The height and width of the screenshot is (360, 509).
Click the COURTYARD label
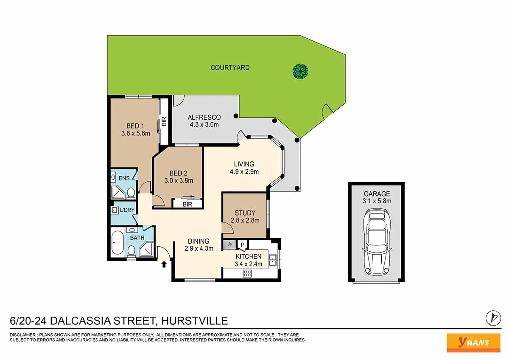point(230,67)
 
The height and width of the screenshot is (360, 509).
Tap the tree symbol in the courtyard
point(301,71)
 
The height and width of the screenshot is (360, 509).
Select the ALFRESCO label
point(204,117)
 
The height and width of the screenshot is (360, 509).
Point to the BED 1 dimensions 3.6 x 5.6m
point(135,133)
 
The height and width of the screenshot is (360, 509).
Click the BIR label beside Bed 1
point(164,121)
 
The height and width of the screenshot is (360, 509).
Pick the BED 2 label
point(178,173)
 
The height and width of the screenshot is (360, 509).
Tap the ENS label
point(124,178)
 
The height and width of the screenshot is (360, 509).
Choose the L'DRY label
point(127,210)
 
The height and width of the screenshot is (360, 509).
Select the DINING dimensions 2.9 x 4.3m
point(199,248)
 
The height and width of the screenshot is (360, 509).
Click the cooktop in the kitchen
point(247,274)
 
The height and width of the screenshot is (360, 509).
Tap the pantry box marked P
point(243,245)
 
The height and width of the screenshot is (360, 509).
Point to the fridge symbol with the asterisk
point(230,245)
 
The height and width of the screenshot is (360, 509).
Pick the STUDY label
point(245,213)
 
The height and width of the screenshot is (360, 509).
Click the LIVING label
point(244,164)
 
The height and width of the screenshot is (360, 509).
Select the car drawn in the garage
point(376,244)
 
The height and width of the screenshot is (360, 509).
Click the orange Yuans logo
point(473,342)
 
